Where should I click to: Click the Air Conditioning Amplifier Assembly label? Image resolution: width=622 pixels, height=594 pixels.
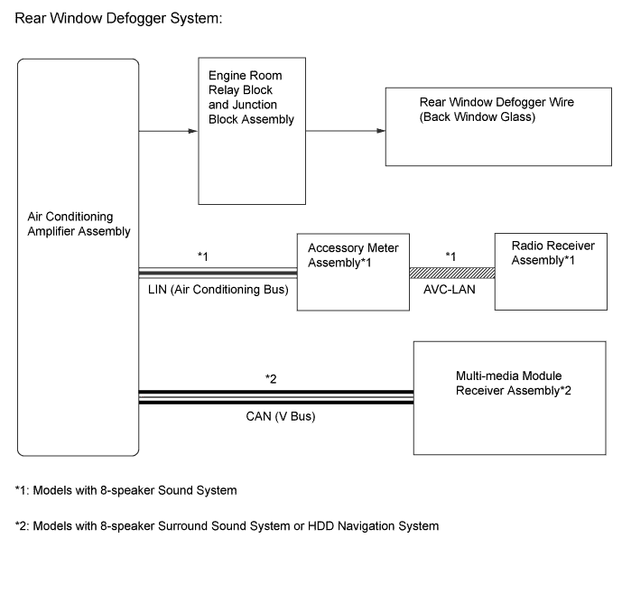80,224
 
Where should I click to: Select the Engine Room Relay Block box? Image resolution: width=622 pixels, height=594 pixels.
252,130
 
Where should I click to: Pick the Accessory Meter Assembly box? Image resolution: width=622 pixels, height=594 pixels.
353,271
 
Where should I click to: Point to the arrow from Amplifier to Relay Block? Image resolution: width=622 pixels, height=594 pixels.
168,131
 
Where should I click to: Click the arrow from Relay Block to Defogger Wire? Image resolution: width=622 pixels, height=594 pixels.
346,131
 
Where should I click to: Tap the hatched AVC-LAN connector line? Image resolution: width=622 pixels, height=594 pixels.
451,272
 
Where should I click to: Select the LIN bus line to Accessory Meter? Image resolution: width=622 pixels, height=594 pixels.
218,272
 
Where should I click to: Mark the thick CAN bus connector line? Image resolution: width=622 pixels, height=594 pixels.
275,396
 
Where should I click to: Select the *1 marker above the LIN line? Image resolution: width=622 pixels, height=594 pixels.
204,256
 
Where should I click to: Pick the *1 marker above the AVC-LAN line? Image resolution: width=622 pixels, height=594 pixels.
451,256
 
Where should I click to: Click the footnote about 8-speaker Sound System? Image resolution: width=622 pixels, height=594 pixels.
125,491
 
